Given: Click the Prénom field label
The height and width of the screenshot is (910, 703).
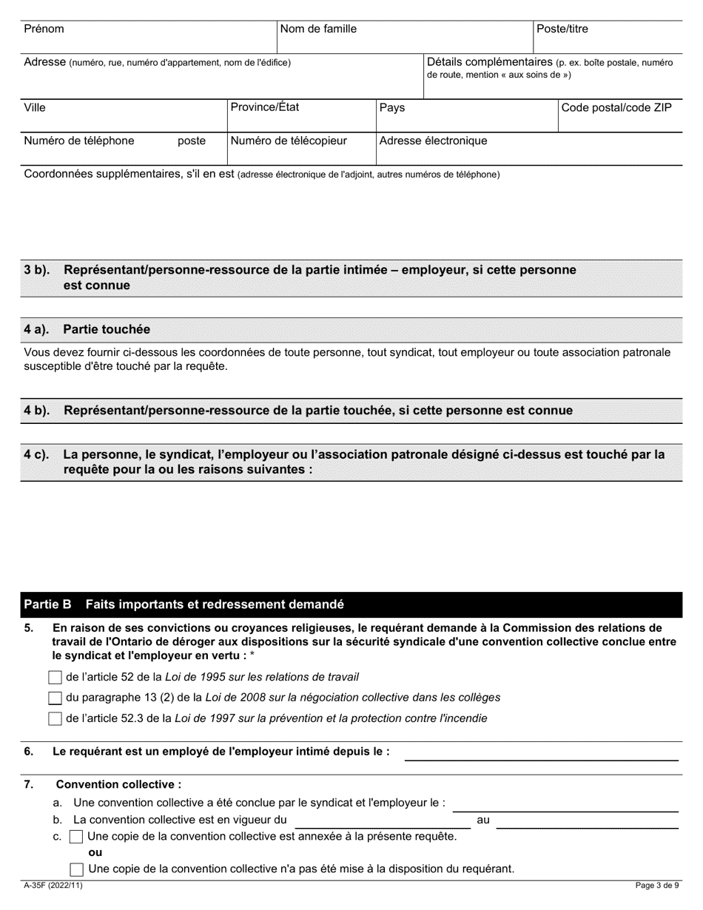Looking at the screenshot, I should pyautogui.click(x=44, y=30).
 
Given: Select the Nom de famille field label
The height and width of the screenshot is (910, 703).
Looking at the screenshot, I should pyautogui.click(x=318, y=30).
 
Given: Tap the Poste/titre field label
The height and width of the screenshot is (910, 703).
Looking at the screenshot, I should pyautogui.click(x=562, y=30).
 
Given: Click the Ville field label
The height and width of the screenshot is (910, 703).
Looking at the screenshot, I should pyautogui.click(x=35, y=108).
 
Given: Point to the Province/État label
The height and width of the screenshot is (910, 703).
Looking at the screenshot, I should pyautogui.click(x=265, y=107).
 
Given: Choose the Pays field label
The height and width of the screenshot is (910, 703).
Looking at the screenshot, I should pyautogui.click(x=392, y=108).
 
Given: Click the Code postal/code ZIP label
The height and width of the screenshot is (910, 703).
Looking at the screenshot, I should pyautogui.click(x=616, y=108).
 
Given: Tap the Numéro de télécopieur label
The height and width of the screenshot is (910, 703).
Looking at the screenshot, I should pyautogui.click(x=289, y=141).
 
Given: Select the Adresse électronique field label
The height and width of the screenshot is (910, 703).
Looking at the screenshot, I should pyautogui.click(x=433, y=141).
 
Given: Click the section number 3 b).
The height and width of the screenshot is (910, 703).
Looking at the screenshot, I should pyautogui.click(x=37, y=271).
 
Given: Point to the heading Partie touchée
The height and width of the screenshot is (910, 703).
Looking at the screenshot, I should pyautogui.click(x=107, y=329).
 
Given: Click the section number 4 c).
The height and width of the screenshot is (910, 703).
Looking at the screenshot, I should pyautogui.click(x=37, y=454).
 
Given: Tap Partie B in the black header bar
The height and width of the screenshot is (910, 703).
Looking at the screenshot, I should pyautogui.click(x=47, y=604).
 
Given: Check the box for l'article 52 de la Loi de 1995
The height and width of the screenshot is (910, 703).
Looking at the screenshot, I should pyautogui.click(x=55, y=677).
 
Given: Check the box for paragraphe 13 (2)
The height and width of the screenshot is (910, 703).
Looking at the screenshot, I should pyautogui.click(x=55, y=698).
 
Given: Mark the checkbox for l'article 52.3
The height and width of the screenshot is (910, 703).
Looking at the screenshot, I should pyautogui.click(x=55, y=718).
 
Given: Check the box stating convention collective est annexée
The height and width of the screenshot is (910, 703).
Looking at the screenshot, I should pyautogui.click(x=76, y=837).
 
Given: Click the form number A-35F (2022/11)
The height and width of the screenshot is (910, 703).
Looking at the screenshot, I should pyautogui.click(x=53, y=885).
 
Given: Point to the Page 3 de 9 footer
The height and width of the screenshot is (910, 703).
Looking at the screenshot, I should pyautogui.click(x=657, y=885).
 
